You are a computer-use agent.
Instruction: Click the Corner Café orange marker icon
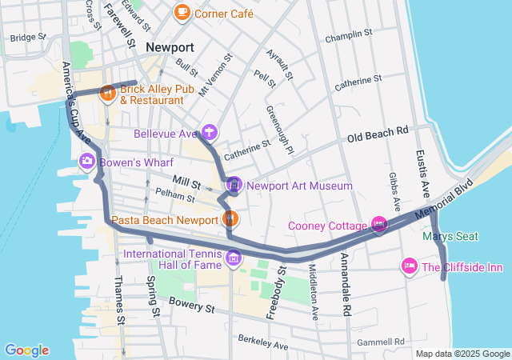coord(182,13)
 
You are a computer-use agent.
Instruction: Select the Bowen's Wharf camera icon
coord(86,162)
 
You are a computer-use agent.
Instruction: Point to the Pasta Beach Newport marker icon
coord(230,218)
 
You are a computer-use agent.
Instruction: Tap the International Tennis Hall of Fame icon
coord(234,258)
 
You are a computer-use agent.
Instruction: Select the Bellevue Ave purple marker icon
coord(209,132)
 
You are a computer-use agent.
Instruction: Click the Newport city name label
coord(170,48)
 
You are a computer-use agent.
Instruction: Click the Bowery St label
coord(193,306)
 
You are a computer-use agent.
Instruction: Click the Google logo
coord(26,350)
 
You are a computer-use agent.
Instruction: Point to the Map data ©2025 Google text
coord(463,354)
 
